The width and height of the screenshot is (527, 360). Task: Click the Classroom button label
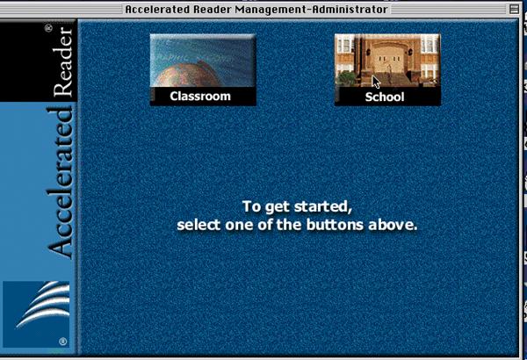coord(200,96)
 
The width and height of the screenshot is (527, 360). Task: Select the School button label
coord(385,97)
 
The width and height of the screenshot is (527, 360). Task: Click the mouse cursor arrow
coord(376,82)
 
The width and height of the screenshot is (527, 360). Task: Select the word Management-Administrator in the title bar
coord(312,9)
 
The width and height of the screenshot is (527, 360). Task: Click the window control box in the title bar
coord(514,9)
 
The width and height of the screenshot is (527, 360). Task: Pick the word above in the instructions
coord(393,225)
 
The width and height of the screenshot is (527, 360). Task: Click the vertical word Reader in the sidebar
coord(63,61)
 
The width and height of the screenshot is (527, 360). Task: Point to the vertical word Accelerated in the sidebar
coord(61,183)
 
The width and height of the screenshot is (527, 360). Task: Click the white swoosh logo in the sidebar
coord(43,305)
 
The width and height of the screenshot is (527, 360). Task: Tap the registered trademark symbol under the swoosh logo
coord(63,342)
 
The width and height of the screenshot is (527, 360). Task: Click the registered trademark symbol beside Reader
coord(48,28)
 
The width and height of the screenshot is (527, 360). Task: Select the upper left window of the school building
coord(345,45)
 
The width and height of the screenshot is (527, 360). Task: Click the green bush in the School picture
coord(346,78)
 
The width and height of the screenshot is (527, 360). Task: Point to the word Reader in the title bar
coord(213,9)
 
